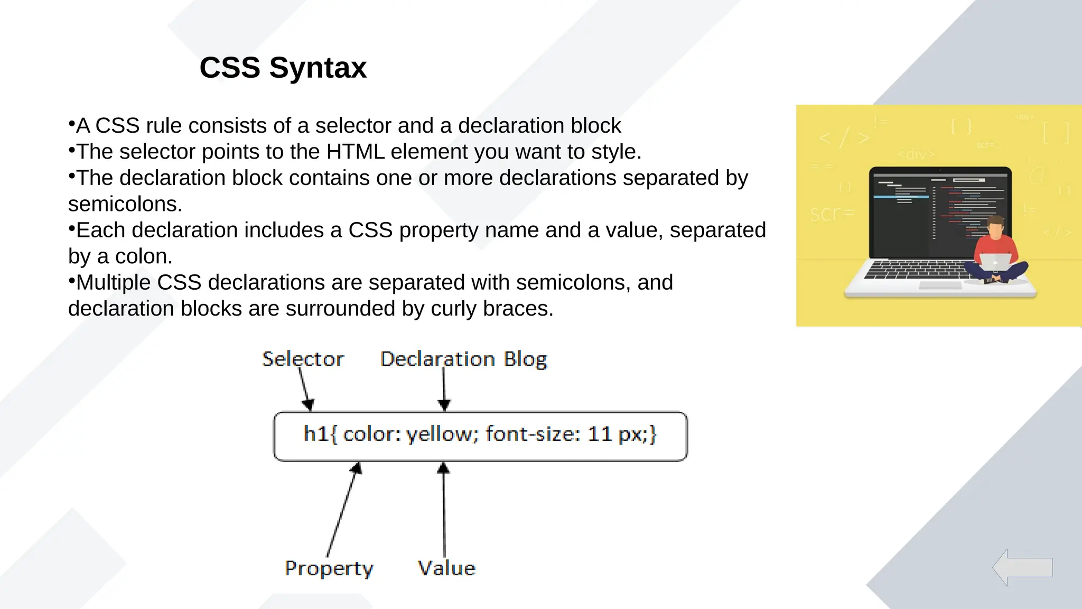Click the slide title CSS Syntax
[283, 68]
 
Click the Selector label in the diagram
[303, 359]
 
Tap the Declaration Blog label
[463, 359]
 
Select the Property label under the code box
[329, 568]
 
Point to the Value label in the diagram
[446, 568]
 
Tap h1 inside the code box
[316, 434]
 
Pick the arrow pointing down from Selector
[305, 389]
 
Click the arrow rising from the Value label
[444, 510]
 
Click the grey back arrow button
[1022, 567]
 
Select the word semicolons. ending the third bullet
[125, 205]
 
